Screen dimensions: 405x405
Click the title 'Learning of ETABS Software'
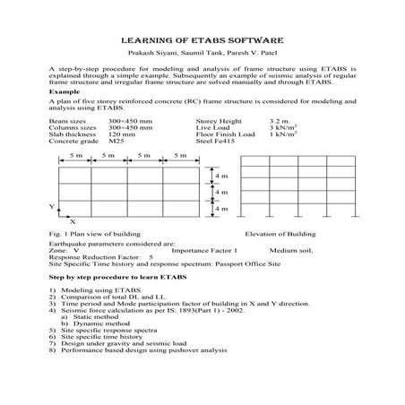[x=202, y=40]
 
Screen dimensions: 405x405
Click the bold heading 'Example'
[x=65, y=91]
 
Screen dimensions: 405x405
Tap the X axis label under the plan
[x=72, y=220]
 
